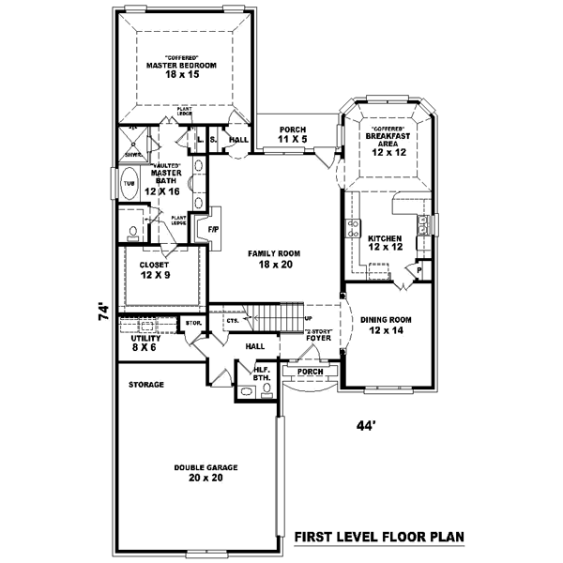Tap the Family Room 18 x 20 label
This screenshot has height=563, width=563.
pyautogui.click(x=273, y=260)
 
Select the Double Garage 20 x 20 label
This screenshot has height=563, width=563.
pyautogui.click(x=205, y=472)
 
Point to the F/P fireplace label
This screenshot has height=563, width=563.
pyautogui.click(x=213, y=228)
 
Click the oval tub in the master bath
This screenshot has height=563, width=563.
pyautogui.click(x=128, y=184)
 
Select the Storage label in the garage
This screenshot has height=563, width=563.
pyautogui.click(x=146, y=385)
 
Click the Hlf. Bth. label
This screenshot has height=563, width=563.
pyautogui.click(x=262, y=373)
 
